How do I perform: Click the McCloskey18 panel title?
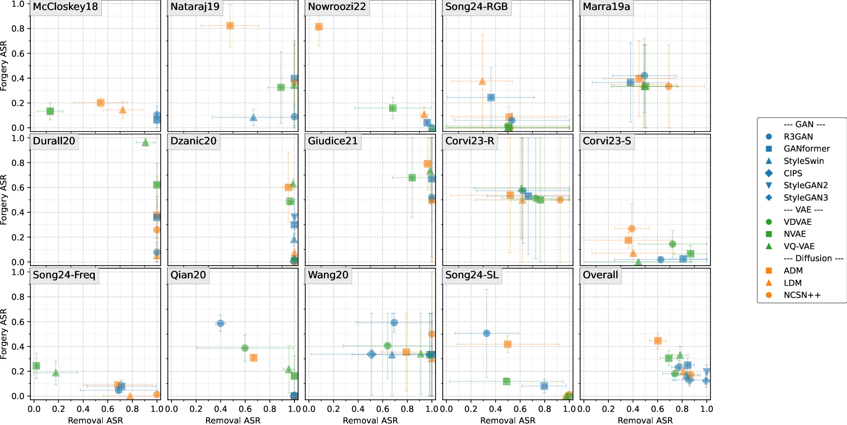(65, 7)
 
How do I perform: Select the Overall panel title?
(600, 275)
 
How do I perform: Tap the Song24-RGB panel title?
(476, 7)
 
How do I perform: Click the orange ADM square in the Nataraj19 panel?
(230, 26)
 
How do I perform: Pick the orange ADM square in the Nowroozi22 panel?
(319, 27)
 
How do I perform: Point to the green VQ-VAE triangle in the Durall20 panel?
(145, 142)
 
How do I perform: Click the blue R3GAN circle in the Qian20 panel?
(220, 323)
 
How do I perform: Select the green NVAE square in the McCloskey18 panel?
(50, 111)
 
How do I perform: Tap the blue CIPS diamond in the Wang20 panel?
(371, 354)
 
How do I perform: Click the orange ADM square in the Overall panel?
(658, 340)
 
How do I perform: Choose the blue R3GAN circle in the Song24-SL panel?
(486, 333)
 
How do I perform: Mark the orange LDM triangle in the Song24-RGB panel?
(482, 81)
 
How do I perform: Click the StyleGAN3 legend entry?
(806, 197)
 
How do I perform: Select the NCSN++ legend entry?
(802, 295)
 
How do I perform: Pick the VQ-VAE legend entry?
(799, 246)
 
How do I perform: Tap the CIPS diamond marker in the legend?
(769, 173)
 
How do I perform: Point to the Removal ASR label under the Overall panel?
(645, 420)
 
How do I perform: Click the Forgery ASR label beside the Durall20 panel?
(4, 200)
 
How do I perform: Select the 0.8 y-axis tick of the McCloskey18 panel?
(18, 29)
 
